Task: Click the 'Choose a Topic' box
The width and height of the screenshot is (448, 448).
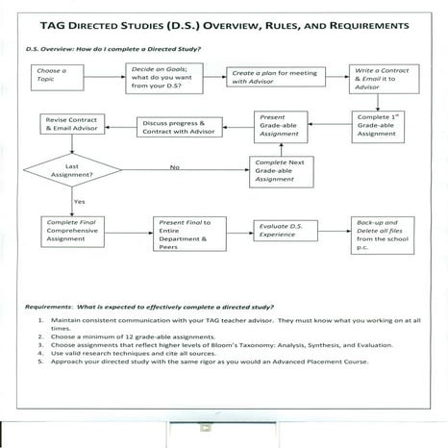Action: [x=54, y=76]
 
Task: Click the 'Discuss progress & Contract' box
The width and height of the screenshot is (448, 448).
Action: [x=181, y=126]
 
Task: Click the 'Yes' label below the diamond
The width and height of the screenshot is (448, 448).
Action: [x=79, y=202]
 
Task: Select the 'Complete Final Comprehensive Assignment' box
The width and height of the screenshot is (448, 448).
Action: [x=69, y=234]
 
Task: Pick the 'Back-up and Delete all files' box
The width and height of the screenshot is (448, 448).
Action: [x=377, y=234]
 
